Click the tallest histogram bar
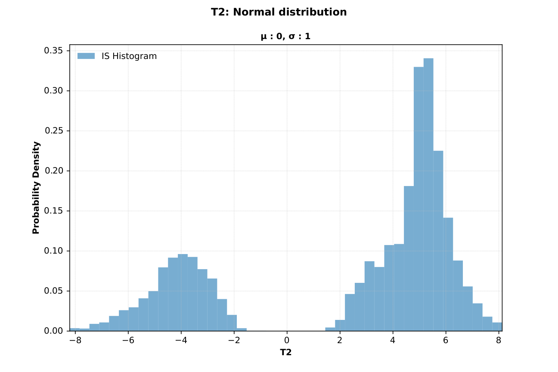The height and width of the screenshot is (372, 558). click(428, 194)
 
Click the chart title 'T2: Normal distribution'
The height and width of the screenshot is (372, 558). click(279, 12)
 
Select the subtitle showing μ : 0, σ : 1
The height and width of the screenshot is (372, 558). click(285, 37)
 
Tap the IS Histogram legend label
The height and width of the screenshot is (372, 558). click(129, 56)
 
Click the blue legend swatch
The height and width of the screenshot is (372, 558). click(86, 56)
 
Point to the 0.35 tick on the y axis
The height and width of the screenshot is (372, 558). click(54, 51)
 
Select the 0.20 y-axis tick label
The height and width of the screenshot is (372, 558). click(54, 171)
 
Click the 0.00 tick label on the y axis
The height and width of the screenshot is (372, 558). click(54, 331)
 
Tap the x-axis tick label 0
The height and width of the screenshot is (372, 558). click(287, 340)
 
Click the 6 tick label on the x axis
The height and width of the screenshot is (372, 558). click(446, 340)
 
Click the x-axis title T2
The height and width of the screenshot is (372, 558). click(286, 352)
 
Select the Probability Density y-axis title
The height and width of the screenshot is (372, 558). click(36, 188)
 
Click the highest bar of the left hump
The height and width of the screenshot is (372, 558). click(183, 293)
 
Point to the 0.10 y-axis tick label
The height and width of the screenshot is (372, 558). click(54, 251)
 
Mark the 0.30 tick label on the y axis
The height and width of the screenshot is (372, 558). click(54, 91)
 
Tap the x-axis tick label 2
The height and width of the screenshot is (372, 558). click(340, 340)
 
